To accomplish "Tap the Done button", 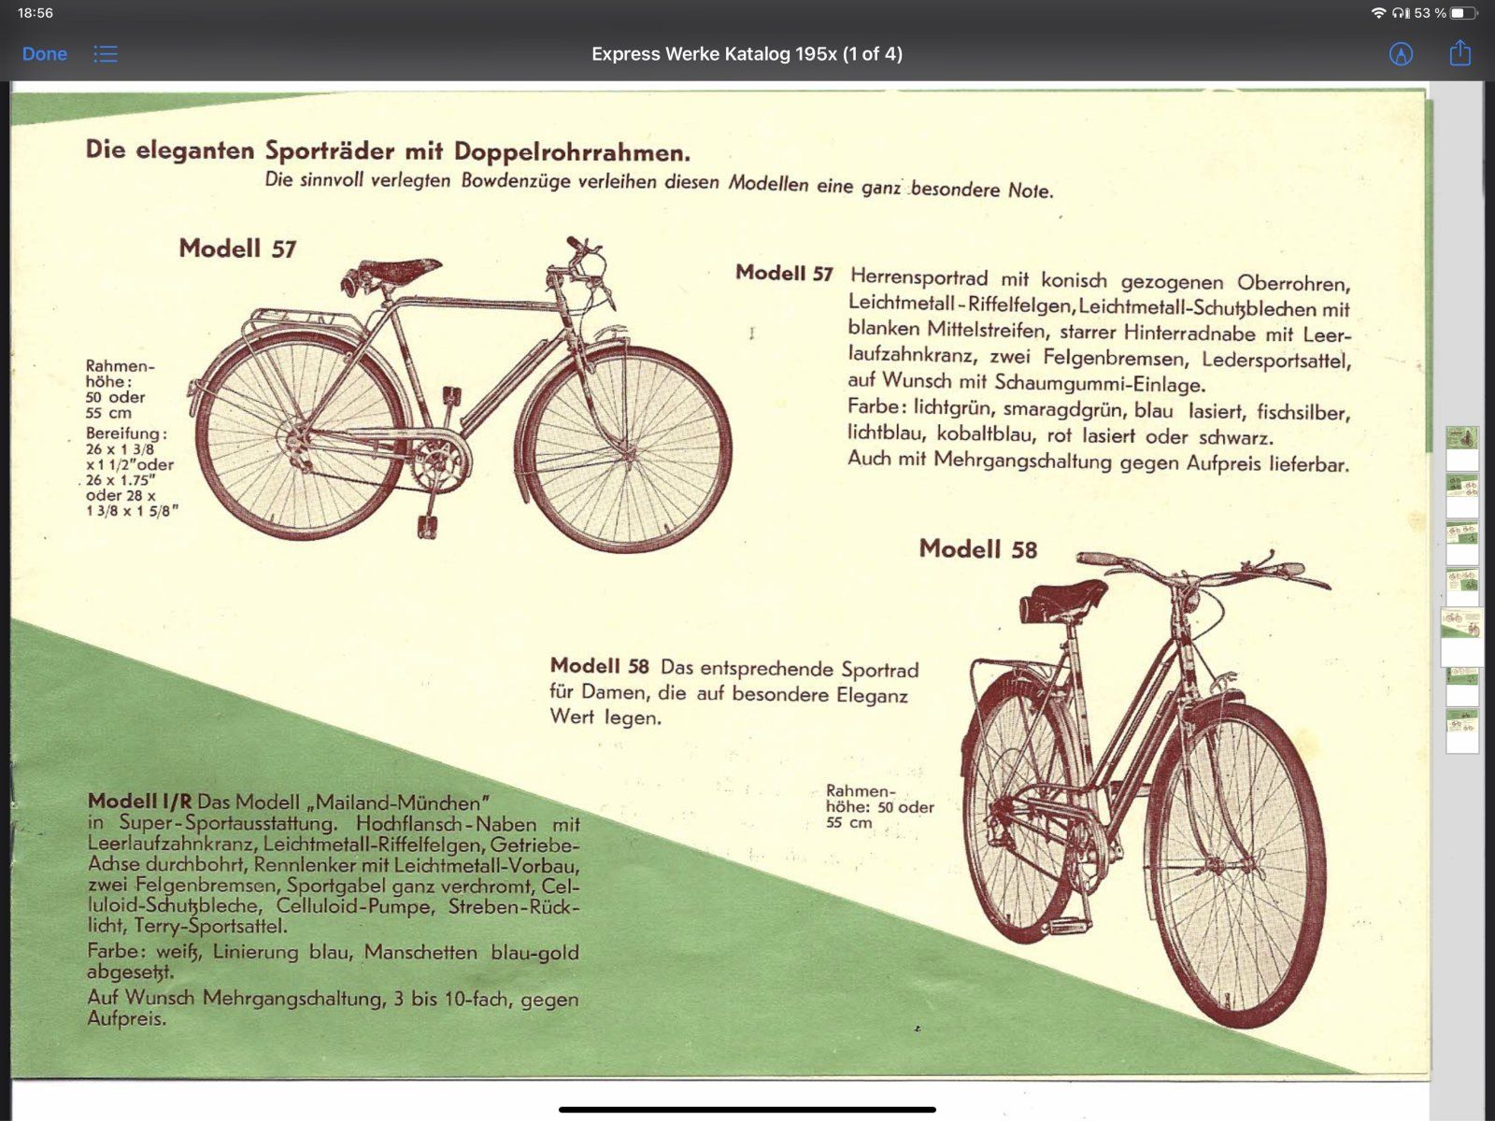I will pyautogui.click(x=44, y=54).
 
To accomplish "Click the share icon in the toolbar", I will pyautogui.click(x=1459, y=53).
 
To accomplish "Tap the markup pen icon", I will pyautogui.click(x=1401, y=54).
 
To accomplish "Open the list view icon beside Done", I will pyautogui.click(x=106, y=54).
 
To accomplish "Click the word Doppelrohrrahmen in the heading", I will pyautogui.click(x=572, y=152).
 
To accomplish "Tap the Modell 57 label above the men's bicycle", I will pyautogui.click(x=237, y=248).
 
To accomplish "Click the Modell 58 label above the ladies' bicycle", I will pyautogui.click(x=977, y=548).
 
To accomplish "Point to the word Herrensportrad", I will pyautogui.click(x=918, y=277).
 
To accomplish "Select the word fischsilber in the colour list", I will pyautogui.click(x=1303, y=412).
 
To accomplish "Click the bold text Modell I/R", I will pyautogui.click(x=139, y=802).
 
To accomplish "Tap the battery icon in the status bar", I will pyautogui.click(x=1464, y=13).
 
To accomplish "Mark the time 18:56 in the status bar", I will pyautogui.click(x=36, y=13).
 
